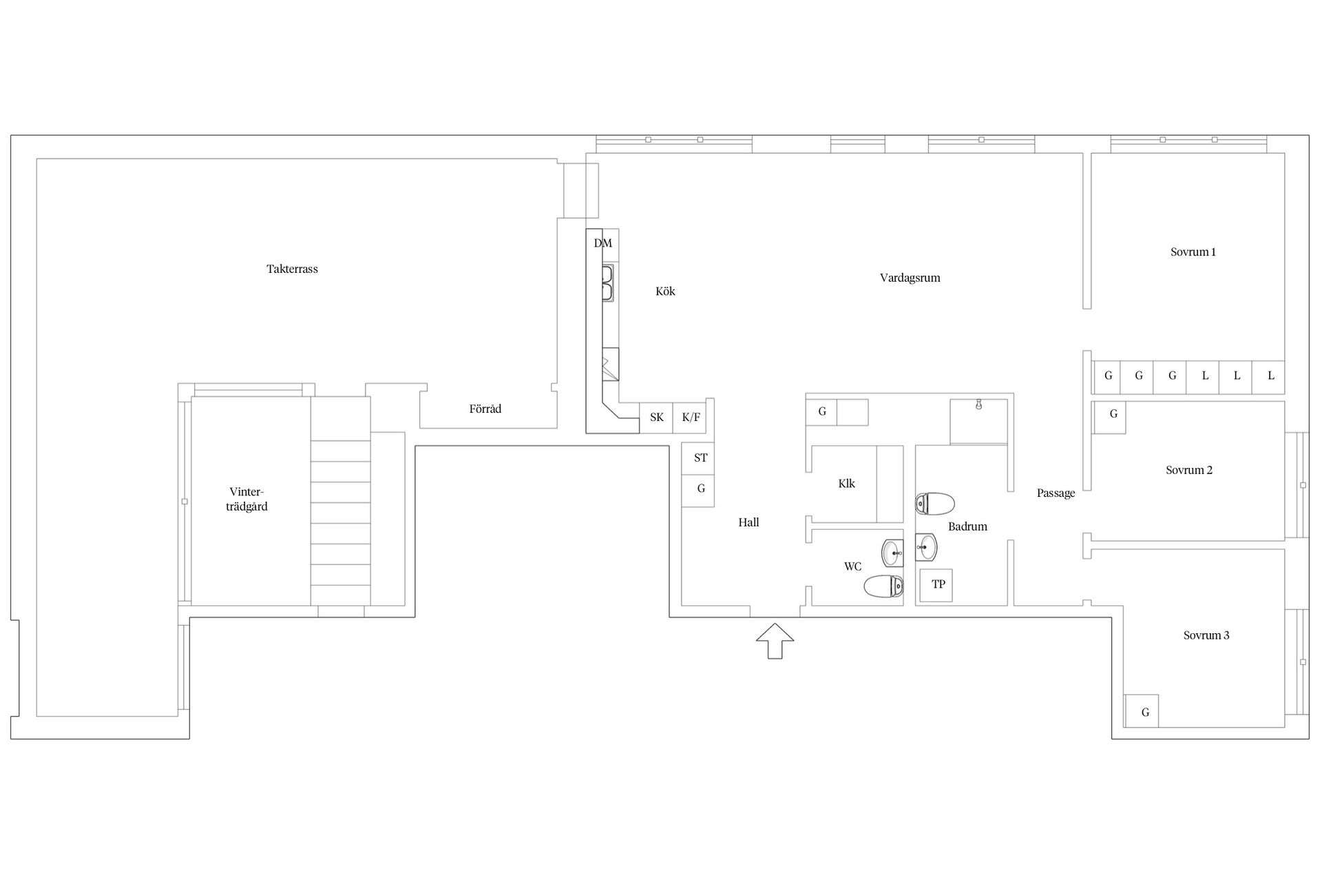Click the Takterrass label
pos(292,269)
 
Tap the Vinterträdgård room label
pos(246,499)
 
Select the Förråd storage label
pos(485,409)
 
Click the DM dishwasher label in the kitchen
pos(602,243)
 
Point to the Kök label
pos(665,291)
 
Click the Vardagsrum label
pos(910,278)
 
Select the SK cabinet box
pos(656,418)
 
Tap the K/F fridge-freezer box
pos(690,418)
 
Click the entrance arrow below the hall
pos(775,641)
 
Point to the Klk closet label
pos(846,484)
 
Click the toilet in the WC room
pos(883,586)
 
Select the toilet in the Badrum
pos(934,504)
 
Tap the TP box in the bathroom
pos(937,584)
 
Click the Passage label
pos(1056,493)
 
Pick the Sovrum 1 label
pos(1193,252)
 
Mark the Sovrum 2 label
pos(1188,470)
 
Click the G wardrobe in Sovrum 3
pos(1142,711)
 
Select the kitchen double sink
pos(608,283)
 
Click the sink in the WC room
pos(893,551)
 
